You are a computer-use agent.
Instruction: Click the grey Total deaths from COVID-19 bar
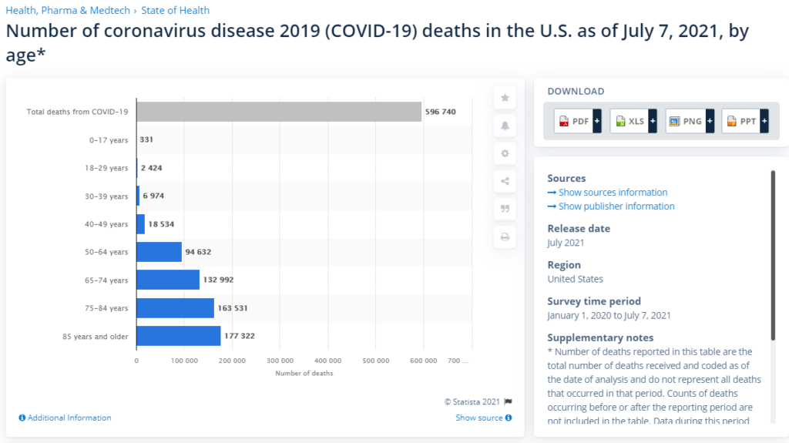[279, 112]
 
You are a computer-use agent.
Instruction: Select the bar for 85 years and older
[178, 336]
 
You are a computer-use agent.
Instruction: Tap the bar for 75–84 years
[175, 308]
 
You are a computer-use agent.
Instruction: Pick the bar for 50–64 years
[159, 252]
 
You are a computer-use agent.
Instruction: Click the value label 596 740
[440, 112]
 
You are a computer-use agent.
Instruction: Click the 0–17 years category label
[109, 140]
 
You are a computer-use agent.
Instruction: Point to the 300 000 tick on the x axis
[280, 361]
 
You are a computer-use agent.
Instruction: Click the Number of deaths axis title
[304, 374]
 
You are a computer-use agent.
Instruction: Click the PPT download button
[745, 121]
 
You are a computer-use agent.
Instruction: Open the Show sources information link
[608, 193]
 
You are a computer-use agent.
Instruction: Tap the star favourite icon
[505, 98]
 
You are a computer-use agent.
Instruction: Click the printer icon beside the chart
[505, 237]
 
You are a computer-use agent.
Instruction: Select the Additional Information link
[65, 418]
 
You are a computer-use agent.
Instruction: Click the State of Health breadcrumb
[175, 11]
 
